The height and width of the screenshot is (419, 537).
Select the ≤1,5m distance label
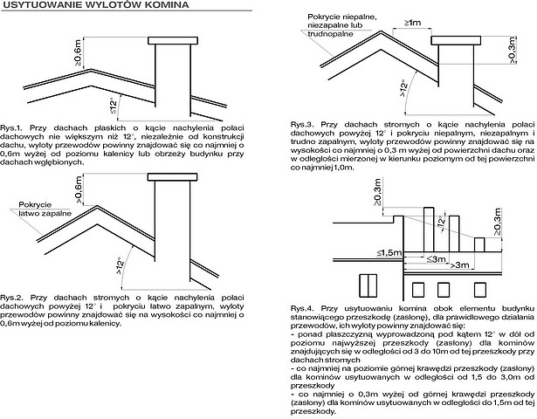point(390,251)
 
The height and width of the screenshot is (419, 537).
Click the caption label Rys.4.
point(305,308)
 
